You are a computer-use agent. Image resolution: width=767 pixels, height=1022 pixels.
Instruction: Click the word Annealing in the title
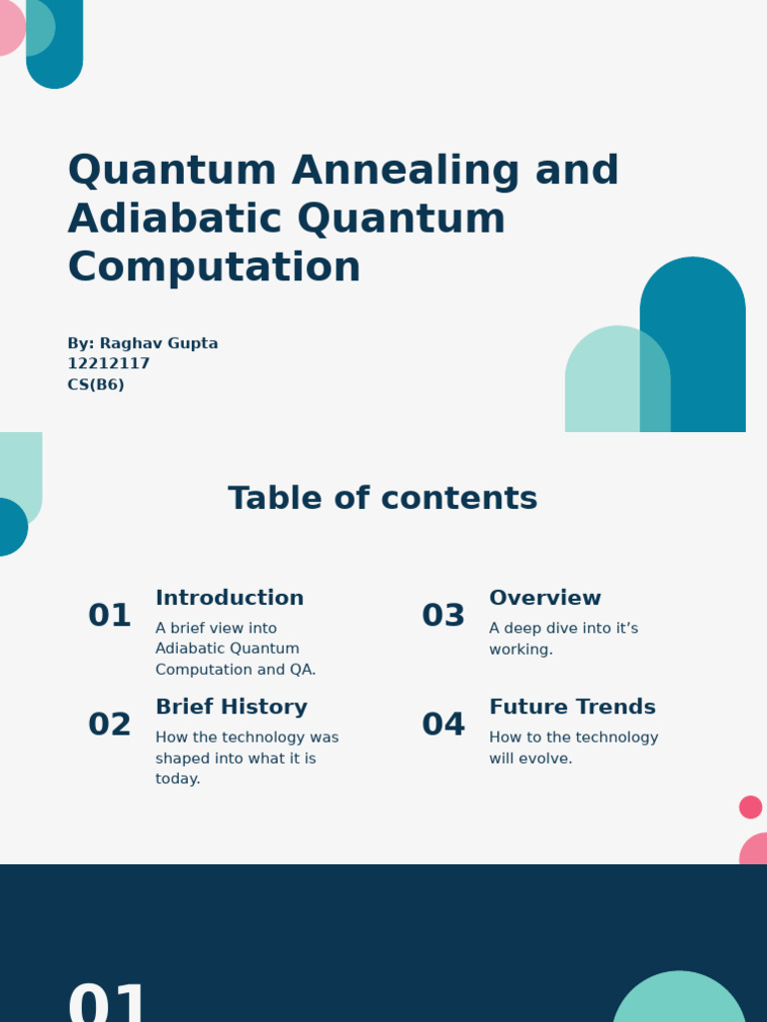pos(405,172)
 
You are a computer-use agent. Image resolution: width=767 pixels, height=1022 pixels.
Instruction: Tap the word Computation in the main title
pos(214,267)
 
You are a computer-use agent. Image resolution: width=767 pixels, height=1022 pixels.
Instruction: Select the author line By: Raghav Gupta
pos(143,343)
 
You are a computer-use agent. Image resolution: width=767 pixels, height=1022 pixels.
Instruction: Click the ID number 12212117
pos(109,364)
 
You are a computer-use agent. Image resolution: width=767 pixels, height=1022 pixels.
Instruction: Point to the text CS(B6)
pos(96,385)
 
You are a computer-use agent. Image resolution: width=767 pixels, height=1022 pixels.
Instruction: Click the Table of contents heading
pos(383,499)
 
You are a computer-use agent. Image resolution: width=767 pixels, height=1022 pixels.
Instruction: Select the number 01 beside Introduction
pos(110,616)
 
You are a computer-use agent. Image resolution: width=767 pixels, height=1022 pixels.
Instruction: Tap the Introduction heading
pos(230,598)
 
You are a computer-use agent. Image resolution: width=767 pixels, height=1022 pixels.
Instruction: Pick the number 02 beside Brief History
pos(110,726)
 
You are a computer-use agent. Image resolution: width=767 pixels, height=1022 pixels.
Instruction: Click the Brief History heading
pos(232,708)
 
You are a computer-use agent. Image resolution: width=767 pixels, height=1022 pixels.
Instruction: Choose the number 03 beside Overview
pos(443,616)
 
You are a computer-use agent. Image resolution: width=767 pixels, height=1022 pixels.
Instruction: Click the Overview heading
pos(545,598)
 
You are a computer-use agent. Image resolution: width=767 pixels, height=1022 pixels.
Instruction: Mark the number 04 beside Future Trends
pos(443,726)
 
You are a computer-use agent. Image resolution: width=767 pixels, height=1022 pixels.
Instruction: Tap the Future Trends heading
pos(572,708)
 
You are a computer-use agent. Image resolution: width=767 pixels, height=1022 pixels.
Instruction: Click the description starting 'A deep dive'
pos(563,639)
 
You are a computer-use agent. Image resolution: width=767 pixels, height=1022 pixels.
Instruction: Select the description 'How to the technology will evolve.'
pos(573,748)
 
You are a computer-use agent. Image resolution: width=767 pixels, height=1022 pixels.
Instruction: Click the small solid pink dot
pos(750,807)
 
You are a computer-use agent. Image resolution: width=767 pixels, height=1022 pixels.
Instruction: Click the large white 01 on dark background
pos(108,1003)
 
